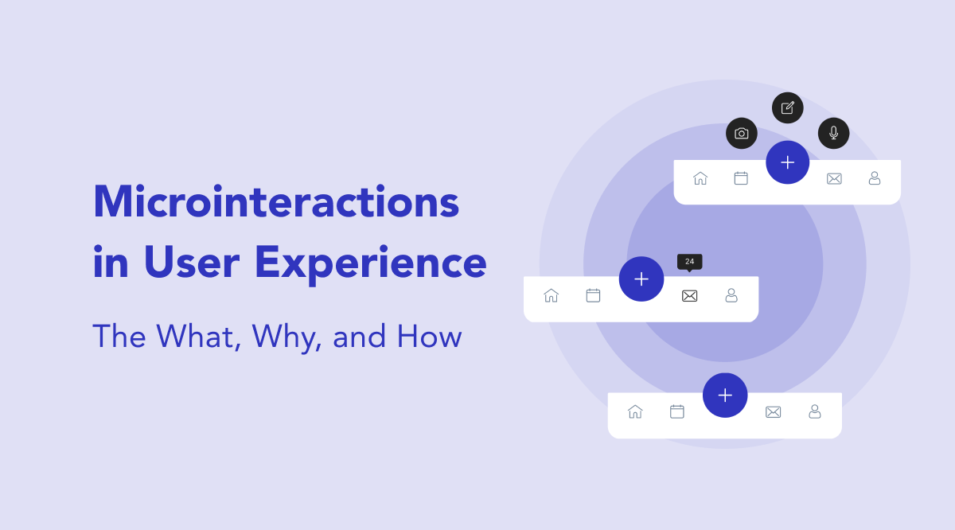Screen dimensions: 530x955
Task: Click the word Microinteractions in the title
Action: click(x=276, y=202)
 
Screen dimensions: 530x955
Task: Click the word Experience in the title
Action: click(x=371, y=263)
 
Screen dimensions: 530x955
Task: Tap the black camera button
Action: click(x=742, y=134)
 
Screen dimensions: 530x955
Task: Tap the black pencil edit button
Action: click(x=788, y=108)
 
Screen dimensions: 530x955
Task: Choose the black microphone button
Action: click(x=834, y=133)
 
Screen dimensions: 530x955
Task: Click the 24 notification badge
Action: click(x=689, y=262)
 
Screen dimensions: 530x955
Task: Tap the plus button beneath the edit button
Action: click(x=788, y=162)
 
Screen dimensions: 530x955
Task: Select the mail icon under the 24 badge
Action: click(x=690, y=296)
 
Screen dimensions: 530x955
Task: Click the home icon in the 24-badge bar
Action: click(x=551, y=295)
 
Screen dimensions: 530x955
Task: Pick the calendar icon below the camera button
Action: click(x=741, y=178)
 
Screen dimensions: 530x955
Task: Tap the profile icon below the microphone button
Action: click(x=875, y=178)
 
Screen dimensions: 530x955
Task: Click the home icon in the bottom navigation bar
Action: click(x=635, y=411)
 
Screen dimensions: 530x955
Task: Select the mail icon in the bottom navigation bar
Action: click(x=774, y=412)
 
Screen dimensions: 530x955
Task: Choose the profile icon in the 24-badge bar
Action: click(x=731, y=295)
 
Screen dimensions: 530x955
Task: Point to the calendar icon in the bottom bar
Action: click(x=677, y=411)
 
